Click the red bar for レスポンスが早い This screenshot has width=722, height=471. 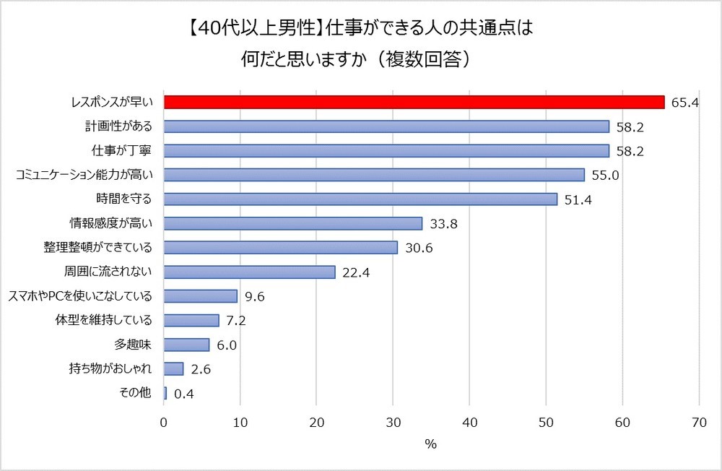click(x=414, y=102)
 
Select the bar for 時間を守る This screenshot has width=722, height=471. click(x=360, y=199)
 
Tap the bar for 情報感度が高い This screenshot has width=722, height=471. click(x=293, y=223)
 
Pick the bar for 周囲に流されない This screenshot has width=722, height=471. click(x=250, y=272)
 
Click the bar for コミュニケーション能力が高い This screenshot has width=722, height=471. click(x=374, y=175)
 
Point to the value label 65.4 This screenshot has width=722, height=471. click(x=684, y=103)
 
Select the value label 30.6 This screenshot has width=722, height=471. click(x=418, y=248)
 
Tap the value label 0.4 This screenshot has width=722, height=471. click(x=183, y=394)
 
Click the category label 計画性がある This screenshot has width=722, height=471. click(x=118, y=126)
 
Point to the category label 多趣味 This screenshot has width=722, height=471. click(x=137, y=345)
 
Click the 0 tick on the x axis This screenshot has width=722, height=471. click(x=164, y=421)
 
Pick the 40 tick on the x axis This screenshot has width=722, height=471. click(x=469, y=421)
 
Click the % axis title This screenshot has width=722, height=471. click(x=431, y=444)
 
